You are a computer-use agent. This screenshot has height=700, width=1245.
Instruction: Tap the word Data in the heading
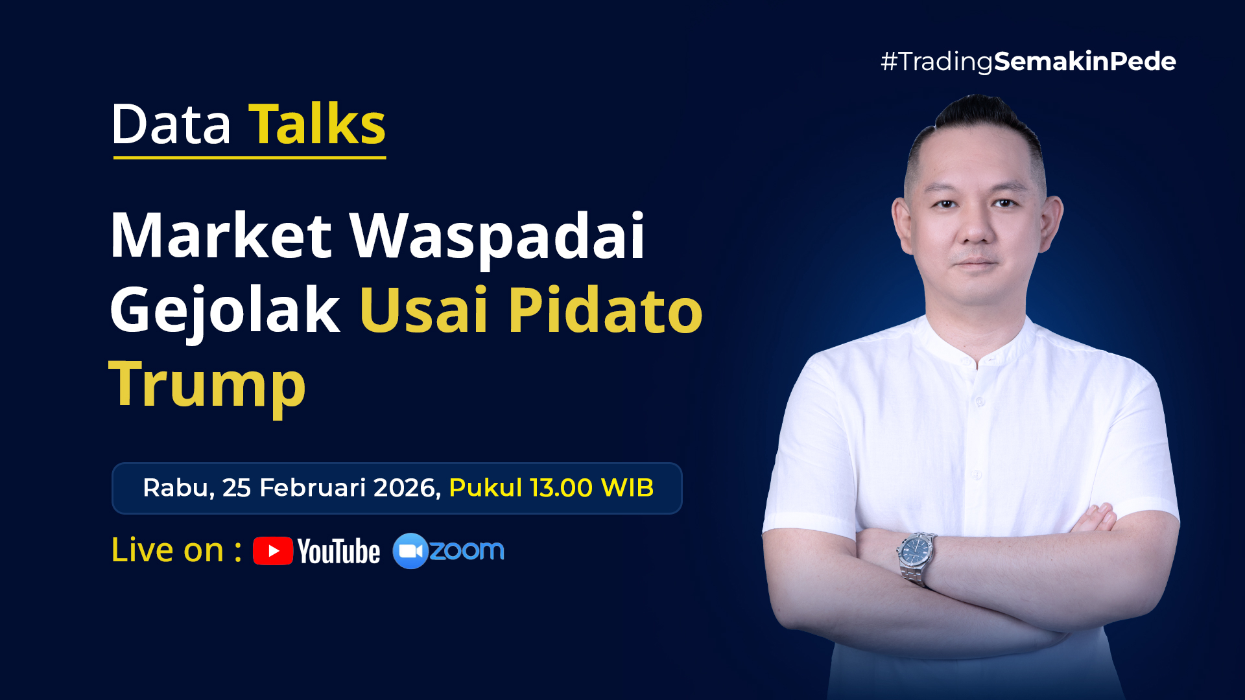point(171,124)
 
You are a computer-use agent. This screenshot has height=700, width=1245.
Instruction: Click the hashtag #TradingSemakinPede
point(1028,62)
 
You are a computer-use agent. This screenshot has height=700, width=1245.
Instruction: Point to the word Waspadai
point(497,239)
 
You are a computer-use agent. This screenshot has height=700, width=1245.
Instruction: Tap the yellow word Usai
point(423,310)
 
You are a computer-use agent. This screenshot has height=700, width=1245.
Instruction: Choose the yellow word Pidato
point(606,310)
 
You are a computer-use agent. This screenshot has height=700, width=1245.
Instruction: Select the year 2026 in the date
point(407,488)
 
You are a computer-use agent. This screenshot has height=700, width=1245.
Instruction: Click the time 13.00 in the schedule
point(561,488)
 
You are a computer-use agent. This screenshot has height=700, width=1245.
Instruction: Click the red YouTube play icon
point(273,551)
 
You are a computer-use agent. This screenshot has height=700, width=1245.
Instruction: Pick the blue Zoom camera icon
point(410,551)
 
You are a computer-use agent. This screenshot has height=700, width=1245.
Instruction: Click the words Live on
point(167,550)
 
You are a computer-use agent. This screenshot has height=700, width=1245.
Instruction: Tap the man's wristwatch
point(916,556)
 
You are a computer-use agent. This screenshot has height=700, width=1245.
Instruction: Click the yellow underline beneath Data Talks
point(250,157)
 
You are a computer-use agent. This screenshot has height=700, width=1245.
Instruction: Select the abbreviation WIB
point(627,488)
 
